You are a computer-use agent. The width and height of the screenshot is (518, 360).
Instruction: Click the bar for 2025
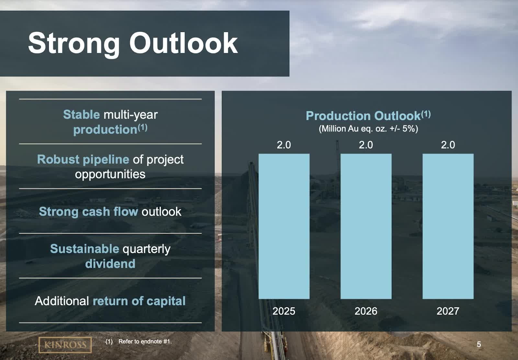click(284, 226)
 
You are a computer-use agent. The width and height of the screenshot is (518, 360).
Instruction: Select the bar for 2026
click(366, 226)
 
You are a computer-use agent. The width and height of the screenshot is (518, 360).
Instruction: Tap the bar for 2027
click(448, 226)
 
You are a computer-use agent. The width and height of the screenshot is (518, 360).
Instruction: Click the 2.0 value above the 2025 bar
click(284, 145)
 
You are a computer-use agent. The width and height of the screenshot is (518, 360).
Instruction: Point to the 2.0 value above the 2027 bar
click(448, 145)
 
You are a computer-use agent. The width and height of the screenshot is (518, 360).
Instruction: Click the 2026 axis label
click(366, 311)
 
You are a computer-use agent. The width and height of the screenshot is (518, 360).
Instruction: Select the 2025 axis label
click(284, 311)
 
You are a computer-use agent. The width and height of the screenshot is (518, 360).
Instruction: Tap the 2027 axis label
click(448, 311)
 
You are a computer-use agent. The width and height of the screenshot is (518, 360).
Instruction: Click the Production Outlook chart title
click(368, 116)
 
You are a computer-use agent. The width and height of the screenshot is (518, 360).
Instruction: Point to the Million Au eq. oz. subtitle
click(368, 129)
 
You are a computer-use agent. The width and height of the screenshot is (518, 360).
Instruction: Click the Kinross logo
click(65, 345)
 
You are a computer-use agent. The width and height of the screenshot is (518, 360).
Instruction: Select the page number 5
click(479, 344)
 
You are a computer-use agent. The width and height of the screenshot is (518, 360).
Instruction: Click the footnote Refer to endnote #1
click(145, 342)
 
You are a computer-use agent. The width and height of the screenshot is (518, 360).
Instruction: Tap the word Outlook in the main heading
click(184, 43)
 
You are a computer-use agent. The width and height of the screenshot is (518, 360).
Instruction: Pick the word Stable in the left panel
click(81, 115)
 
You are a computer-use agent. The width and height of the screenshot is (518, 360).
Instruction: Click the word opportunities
click(110, 174)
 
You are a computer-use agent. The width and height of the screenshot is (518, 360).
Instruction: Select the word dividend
click(110, 264)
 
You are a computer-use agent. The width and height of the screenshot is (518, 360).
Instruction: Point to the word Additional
click(62, 301)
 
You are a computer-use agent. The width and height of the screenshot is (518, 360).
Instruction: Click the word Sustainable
click(84, 249)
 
